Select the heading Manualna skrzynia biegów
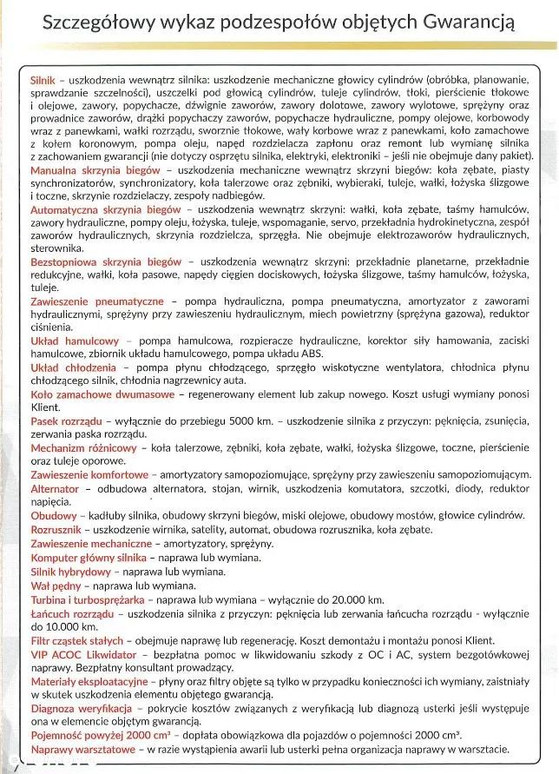(x=95, y=171)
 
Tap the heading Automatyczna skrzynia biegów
(x=107, y=210)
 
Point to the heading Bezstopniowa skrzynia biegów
(x=106, y=261)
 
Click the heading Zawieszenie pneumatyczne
(x=96, y=301)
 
